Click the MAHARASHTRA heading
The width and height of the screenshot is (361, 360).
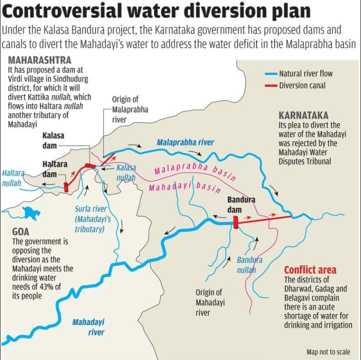click(x=39, y=60)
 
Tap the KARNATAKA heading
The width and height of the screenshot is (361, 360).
click(x=303, y=115)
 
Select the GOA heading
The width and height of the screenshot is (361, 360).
click(x=21, y=232)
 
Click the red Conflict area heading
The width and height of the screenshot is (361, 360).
click(x=310, y=270)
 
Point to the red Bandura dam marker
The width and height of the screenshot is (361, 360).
click(x=235, y=222)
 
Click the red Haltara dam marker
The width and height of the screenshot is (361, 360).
click(x=66, y=187)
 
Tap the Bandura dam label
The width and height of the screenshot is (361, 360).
click(x=241, y=205)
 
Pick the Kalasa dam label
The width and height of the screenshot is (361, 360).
click(x=53, y=140)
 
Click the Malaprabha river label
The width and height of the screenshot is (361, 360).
click(x=185, y=142)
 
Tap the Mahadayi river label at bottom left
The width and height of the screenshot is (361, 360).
click(x=88, y=327)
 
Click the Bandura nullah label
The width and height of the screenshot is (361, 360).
click(x=249, y=265)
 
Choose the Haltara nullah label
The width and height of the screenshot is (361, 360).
click(x=12, y=178)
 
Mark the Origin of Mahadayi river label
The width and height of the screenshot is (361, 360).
click(x=209, y=302)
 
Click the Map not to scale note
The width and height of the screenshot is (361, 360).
click(x=328, y=352)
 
